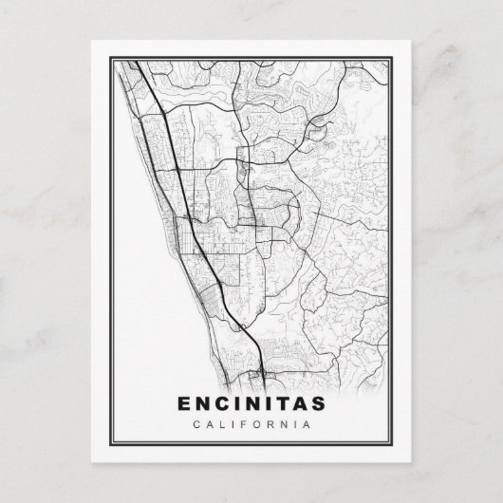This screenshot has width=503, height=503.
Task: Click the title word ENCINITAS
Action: click(x=251, y=402)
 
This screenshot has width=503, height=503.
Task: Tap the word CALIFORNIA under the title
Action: click(x=251, y=423)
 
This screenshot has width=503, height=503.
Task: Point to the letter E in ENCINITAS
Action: click(x=184, y=402)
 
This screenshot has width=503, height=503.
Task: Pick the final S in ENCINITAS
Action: click(x=318, y=402)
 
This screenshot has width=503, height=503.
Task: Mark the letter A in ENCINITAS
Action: click(x=298, y=402)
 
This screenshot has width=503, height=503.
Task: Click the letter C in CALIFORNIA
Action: click(x=196, y=423)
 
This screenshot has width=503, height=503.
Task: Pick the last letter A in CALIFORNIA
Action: click(x=307, y=423)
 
